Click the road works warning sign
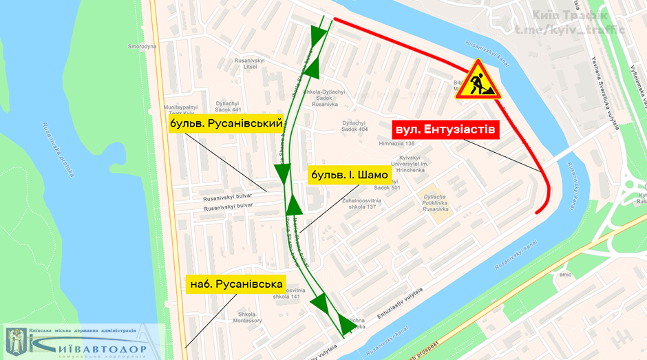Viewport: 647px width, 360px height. pyautogui.click(x=477, y=81)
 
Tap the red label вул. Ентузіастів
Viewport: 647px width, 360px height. pyautogui.click(x=445, y=129)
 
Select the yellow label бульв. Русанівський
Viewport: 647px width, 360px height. pyautogui.click(x=226, y=124)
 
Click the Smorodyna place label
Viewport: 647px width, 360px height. pyautogui.click(x=142, y=47)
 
